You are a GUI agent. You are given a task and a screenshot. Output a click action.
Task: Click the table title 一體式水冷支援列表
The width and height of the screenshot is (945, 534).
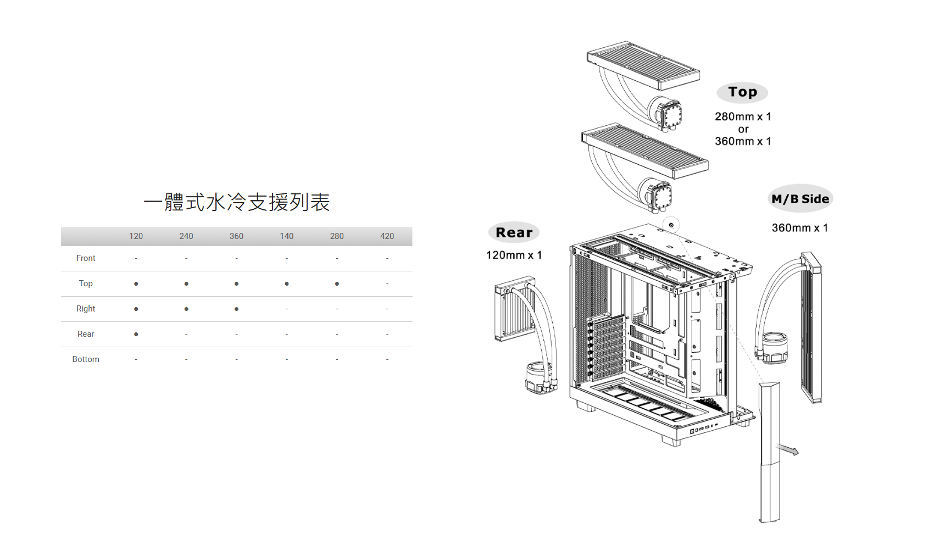[x=236, y=202]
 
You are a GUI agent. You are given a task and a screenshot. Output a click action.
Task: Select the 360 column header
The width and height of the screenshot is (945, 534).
[x=236, y=236]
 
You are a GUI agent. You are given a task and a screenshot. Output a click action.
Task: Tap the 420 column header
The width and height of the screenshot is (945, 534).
[x=387, y=236]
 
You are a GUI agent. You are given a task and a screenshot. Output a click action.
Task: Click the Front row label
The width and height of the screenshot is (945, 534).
[x=86, y=258]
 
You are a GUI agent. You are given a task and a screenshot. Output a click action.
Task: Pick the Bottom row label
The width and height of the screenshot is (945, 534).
[x=86, y=359]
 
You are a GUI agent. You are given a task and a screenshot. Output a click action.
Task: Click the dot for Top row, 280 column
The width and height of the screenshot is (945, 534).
[x=337, y=284]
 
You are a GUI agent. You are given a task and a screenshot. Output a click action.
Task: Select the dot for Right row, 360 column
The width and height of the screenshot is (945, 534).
[x=236, y=309]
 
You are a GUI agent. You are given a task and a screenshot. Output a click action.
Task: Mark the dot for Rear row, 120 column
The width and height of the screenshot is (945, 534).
[x=136, y=335]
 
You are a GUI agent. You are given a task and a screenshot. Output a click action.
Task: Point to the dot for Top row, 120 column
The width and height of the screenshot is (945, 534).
[x=136, y=284]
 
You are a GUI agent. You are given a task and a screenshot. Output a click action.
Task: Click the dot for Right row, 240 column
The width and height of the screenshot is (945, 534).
[x=186, y=309]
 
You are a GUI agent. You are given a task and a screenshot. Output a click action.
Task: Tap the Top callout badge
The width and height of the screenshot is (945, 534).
[x=742, y=92]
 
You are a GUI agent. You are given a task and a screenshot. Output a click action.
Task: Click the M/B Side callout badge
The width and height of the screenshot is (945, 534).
[x=800, y=199]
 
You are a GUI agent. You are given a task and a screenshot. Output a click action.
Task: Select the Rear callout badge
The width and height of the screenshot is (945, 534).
[x=514, y=232]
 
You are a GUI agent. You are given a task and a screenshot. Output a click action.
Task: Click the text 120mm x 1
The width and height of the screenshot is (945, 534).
[x=514, y=255]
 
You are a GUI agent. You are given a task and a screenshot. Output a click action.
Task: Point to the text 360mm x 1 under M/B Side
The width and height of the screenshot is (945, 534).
[x=799, y=228]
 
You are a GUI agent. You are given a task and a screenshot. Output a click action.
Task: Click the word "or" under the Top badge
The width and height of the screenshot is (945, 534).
[x=743, y=130]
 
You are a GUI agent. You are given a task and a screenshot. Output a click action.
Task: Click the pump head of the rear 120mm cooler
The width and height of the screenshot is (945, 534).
[x=540, y=377]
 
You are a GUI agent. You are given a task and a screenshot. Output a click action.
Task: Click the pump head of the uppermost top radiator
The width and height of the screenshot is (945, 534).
[x=666, y=114]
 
